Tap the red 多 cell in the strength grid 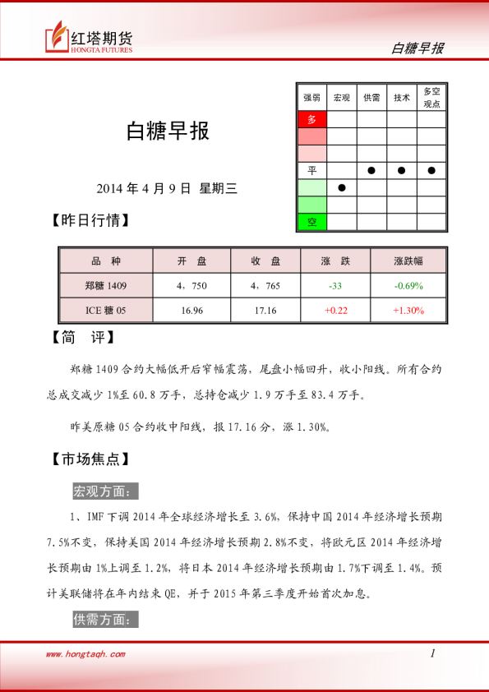[311, 119]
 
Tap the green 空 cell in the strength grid [311, 222]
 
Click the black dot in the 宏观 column [342, 187]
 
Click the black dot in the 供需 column [371, 170]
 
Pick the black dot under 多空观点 [431, 170]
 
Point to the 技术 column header [402, 98]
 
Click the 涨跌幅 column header [408, 261]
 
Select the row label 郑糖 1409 [106, 285]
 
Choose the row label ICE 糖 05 [106, 310]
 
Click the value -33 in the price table [335, 285]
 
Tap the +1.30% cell [408, 310]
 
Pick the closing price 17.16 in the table [265, 310]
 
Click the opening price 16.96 [192, 310]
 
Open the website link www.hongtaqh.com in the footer [85, 654]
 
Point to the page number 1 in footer [432, 653]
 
